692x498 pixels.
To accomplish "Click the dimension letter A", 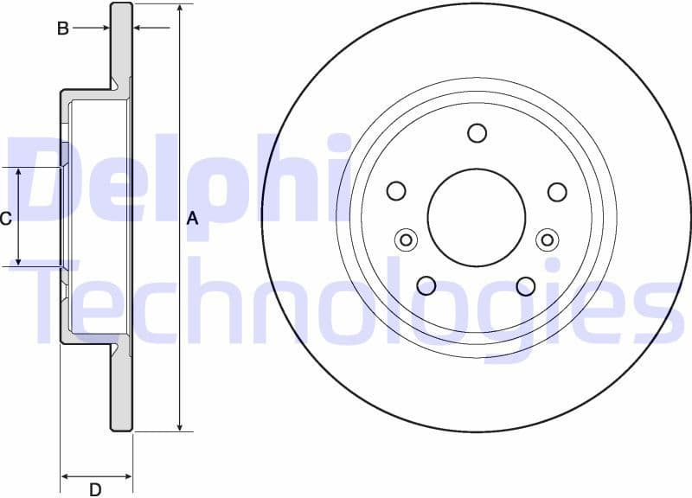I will (193, 220).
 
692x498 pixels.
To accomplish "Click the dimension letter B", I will (62, 29).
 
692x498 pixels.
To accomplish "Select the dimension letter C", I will (6, 219).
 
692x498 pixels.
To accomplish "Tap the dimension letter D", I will (95, 489).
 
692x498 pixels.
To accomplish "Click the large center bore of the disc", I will (477, 218).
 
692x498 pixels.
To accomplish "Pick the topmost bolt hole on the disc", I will (477, 133).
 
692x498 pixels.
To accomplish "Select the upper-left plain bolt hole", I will (396, 191).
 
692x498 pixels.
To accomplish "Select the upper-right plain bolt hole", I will (557, 191).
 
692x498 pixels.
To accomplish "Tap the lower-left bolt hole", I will (426, 285).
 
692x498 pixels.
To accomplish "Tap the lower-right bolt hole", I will (526, 285).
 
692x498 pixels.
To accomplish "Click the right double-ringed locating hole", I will (547, 239).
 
